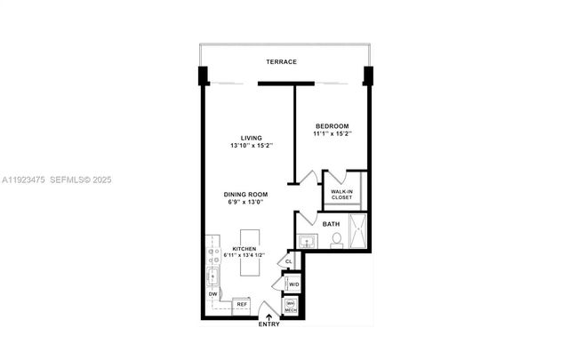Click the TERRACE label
[281, 61]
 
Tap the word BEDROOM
[331, 126]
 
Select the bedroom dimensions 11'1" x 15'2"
[332, 134]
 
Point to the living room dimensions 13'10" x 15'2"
[251, 146]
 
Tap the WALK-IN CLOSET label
[344, 194]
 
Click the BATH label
[331, 224]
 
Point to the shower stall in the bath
[358, 233]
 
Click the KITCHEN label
[245, 248]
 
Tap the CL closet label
[288, 261]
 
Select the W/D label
[293, 284]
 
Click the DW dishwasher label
[213, 293]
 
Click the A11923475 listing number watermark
[25, 180]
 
